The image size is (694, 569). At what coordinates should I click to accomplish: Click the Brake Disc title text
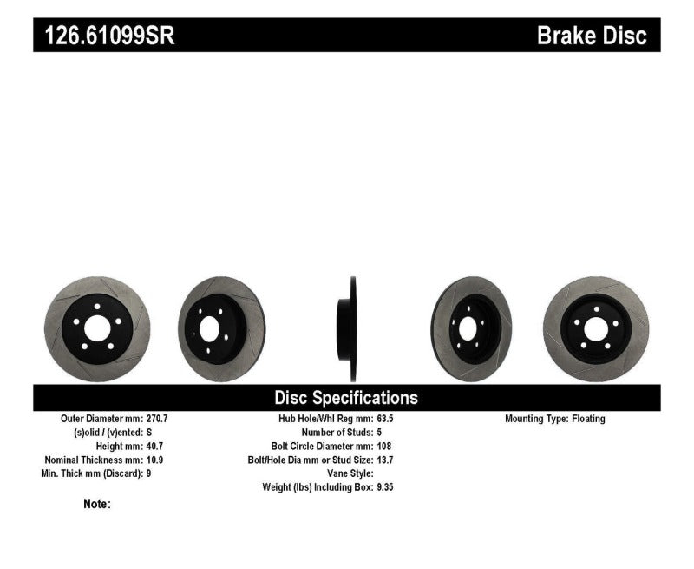click(x=592, y=36)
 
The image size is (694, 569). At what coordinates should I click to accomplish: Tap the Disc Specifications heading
click(x=346, y=398)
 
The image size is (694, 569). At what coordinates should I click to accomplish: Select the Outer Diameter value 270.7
click(x=159, y=419)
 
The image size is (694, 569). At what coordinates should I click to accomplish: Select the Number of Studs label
click(x=335, y=433)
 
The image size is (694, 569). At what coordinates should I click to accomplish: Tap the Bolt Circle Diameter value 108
click(x=383, y=447)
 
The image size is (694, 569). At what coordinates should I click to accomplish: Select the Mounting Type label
click(x=535, y=419)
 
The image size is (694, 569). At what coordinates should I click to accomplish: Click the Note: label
click(x=97, y=504)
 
